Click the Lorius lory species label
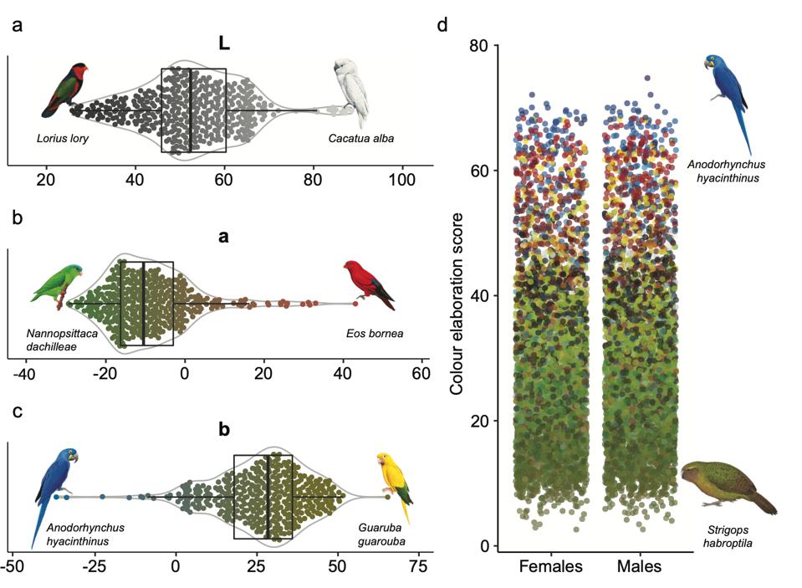[63, 138]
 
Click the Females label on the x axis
[550, 567]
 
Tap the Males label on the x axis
[640, 567]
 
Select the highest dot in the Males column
[647, 78]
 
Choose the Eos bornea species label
[374, 334]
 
